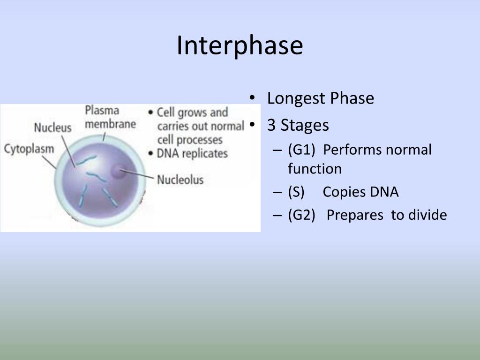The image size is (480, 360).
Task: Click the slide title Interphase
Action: click(240, 45)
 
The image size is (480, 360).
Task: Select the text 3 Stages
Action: click(298, 126)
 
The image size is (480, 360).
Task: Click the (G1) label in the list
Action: click(301, 150)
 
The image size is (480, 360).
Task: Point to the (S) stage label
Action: click(296, 192)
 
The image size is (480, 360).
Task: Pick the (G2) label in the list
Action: click(301, 215)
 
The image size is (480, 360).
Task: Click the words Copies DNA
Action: click(360, 192)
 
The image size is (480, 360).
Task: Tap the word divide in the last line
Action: click(427, 215)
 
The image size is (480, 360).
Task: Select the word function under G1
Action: click(315, 169)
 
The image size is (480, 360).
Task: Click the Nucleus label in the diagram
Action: click(52, 127)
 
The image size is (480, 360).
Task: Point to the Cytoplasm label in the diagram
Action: click(29, 149)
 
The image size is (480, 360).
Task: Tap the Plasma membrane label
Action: click(110, 117)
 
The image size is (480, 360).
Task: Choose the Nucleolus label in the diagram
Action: click(180, 180)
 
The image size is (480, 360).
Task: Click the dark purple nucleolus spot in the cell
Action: click(118, 172)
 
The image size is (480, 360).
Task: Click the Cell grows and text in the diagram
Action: click(192, 112)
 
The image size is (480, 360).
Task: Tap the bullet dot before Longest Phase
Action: click(252, 98)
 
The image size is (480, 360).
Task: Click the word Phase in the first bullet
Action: click(352, 98)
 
